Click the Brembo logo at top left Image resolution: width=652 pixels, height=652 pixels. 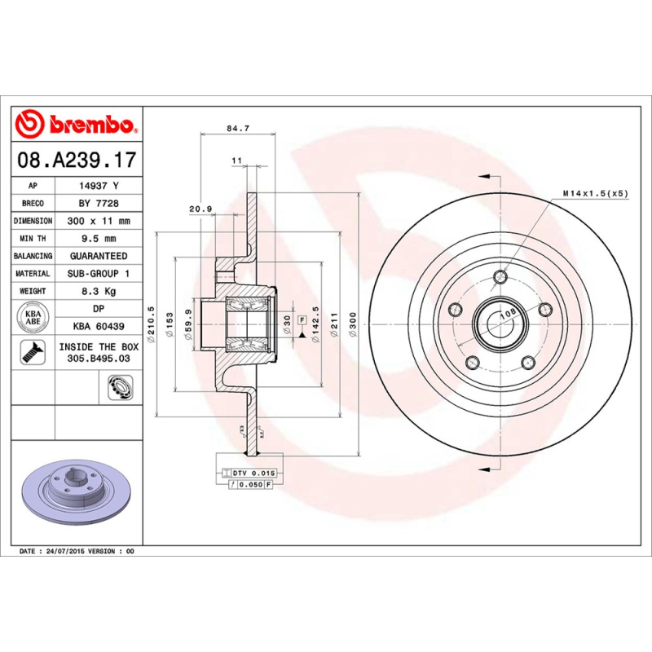pos(75,125)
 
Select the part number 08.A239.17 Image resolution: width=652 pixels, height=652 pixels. pos(76,161)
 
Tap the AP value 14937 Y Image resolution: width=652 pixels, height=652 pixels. pos(98,186)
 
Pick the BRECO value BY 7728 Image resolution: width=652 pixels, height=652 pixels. pos(98,203)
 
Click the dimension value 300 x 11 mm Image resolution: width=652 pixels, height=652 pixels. pos(98,221)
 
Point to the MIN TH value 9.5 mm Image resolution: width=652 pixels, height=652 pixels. pos(98,238)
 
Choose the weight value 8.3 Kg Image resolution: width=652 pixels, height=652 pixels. pos(98,291)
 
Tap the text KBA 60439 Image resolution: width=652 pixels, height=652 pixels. pos(98,327)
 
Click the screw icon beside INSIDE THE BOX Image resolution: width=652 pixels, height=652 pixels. pos(33,352)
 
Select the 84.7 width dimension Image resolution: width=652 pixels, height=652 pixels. pos(237,128)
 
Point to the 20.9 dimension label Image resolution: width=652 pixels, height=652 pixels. pos(200,209)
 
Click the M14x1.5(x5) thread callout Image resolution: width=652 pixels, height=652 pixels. pos(595,194)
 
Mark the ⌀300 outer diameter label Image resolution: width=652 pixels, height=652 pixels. pos(353,324)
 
